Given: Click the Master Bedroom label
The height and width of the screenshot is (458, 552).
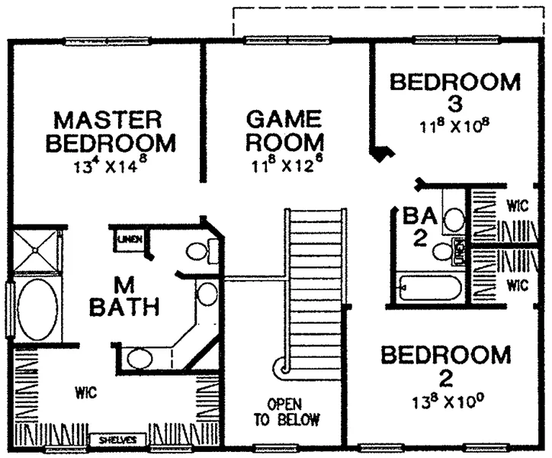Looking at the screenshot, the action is click(x=111, y=131).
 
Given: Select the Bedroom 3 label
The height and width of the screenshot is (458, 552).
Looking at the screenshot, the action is click(x=455, y=92).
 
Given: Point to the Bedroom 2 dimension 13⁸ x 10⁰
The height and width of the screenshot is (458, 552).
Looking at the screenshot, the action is click(x=448, y=402).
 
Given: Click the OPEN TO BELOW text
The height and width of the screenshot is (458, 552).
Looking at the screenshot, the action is click(x=287, y=411).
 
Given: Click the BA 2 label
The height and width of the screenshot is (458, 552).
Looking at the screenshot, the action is click(x=420, y=227).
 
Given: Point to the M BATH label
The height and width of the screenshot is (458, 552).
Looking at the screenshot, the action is click(x=124, y=296).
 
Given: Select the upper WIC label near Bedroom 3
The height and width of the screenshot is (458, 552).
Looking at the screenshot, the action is click(x=517, y=205).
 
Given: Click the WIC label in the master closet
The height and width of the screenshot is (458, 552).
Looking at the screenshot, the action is click(x=86, y=392).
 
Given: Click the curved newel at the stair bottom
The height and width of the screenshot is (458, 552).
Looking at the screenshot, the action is click(x=282, y=369).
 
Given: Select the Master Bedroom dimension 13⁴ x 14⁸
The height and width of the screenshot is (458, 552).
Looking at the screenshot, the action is click(x=110, y=165).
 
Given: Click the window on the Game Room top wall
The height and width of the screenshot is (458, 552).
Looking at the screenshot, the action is click(x=288, y=40).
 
